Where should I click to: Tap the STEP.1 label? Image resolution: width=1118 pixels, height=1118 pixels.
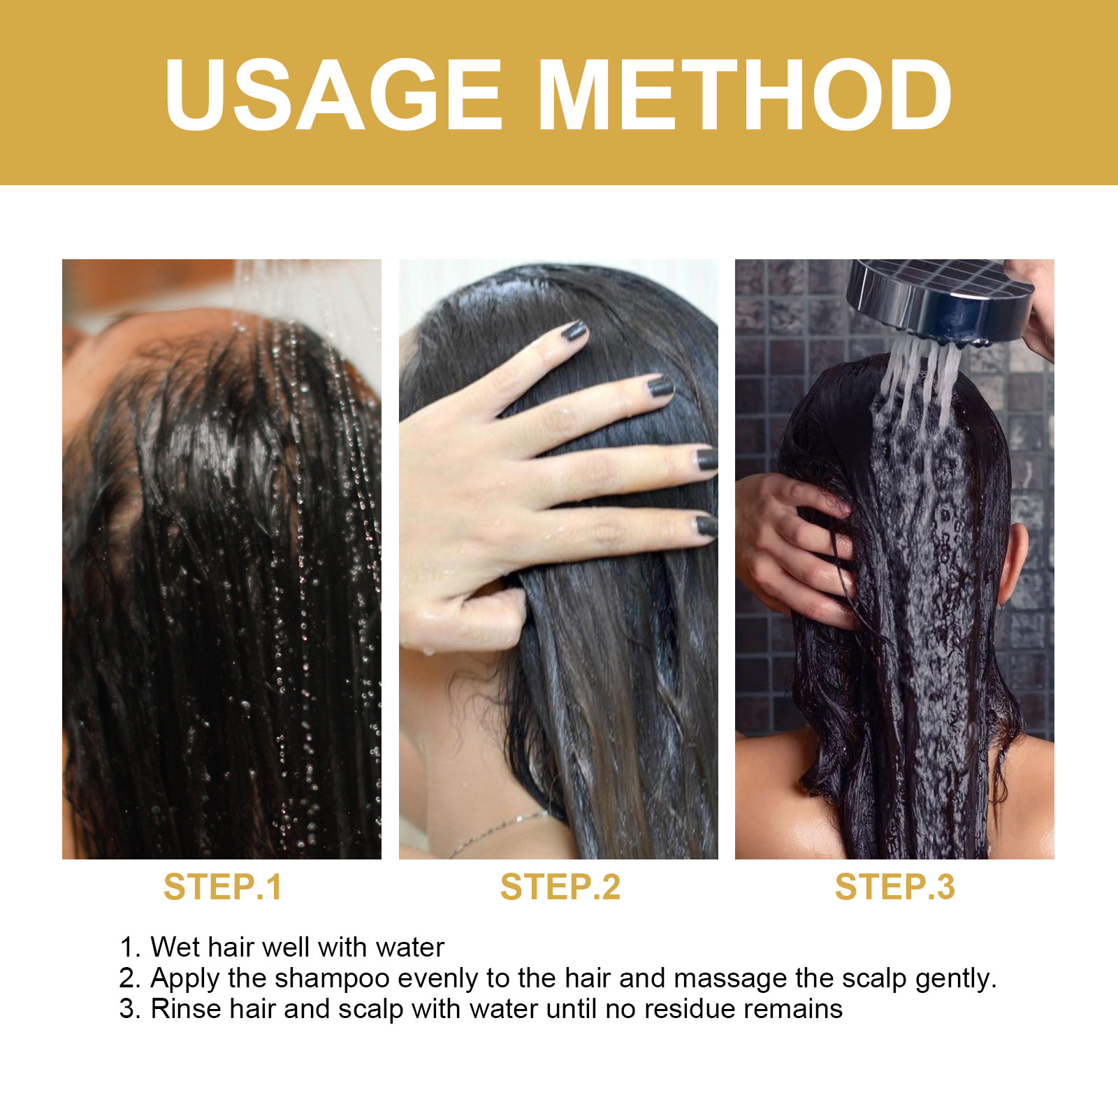point(222,887)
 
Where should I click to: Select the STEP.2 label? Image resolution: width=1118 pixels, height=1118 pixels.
point(560,887)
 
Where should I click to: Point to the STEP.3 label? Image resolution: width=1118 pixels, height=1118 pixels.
point(894,887)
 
